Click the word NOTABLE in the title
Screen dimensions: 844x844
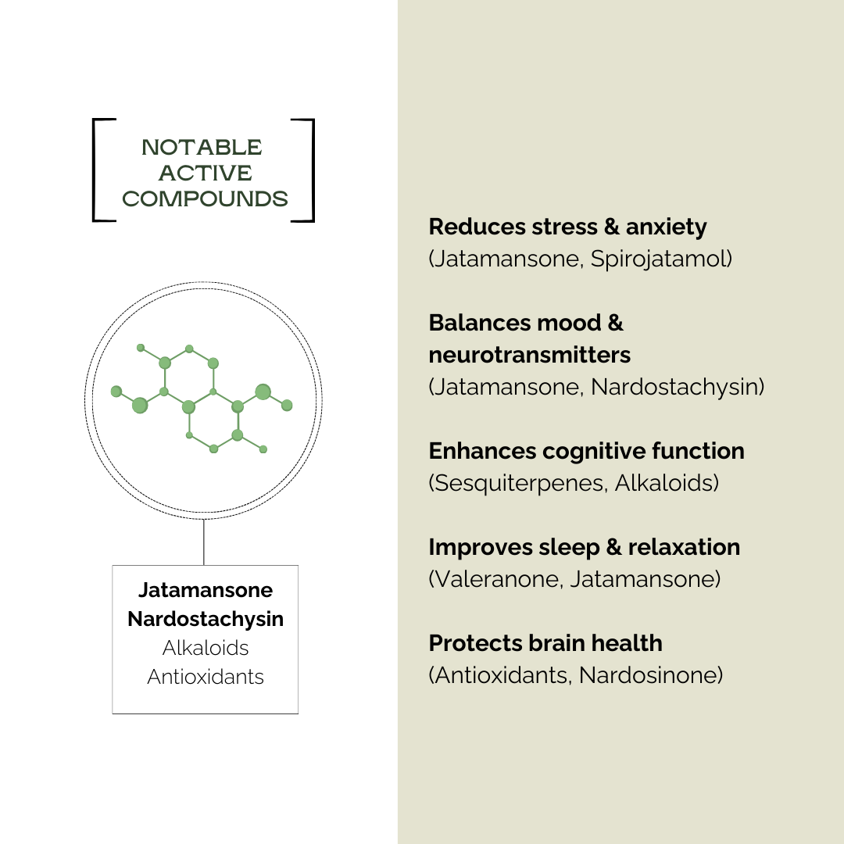tap(202, 148)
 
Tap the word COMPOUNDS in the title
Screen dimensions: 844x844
tap(205, 199)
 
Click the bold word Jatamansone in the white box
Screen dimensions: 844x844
tap(206, 590)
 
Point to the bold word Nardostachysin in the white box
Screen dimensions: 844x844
tap(206, 619)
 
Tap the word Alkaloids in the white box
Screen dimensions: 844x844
tap(206, 648)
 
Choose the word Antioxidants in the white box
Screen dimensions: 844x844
tap(206, 676)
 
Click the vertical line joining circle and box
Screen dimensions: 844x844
tap(204, 542)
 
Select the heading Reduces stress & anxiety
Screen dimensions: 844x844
tap(567, 227)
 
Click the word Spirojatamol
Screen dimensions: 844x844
tap(661, 259)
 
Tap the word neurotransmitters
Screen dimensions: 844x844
tap(529, 355)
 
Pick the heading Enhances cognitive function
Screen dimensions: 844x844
tap(586, 451)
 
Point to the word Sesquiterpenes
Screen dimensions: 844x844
tap(517, 483)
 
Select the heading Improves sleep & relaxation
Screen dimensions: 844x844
tap(584, 547)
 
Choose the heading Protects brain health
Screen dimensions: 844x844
tap(545, 643)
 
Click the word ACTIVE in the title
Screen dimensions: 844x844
tap(205, 173)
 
